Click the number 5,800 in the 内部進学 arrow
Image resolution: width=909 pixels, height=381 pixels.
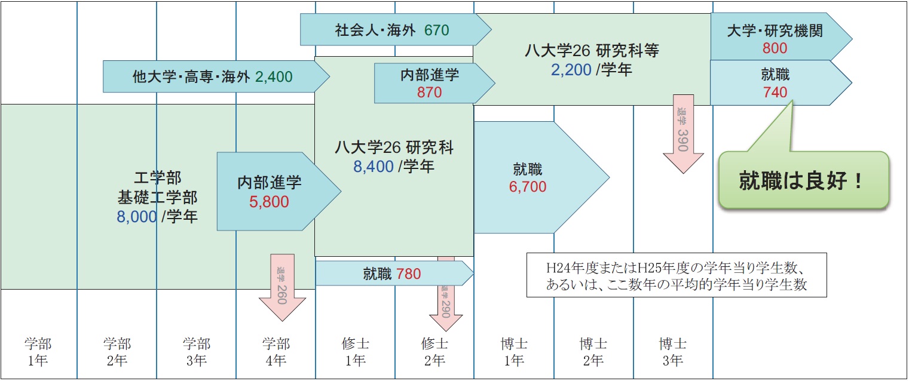pos(269,202)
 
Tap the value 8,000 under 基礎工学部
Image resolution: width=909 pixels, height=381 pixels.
pos(137,216)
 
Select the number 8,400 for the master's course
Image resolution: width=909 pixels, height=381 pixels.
pos(374,167)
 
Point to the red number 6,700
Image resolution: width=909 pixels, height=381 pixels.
pos(528,187)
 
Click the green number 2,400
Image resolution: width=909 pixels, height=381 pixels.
pos(274,76)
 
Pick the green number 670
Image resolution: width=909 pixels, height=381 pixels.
pos(436,29)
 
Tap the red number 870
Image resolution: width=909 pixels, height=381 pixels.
pos(430,93)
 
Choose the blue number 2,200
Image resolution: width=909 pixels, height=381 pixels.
pos(571,70)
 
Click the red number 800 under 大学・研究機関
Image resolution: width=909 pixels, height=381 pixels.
pos(775,48)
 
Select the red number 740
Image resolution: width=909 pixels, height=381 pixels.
pos(775,93)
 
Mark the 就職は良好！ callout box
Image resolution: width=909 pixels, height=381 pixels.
pos(803,180)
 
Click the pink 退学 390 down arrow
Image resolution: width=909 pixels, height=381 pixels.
pos(683,134)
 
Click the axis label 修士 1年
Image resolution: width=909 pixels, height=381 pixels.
pos(355,352)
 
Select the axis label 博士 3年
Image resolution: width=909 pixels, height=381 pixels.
pos(672,352)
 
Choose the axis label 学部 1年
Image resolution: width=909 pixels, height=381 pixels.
pos(38,352)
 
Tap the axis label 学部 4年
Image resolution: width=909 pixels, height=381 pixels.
pos(276,352)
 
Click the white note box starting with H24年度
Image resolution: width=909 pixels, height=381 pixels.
pos(677,275)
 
